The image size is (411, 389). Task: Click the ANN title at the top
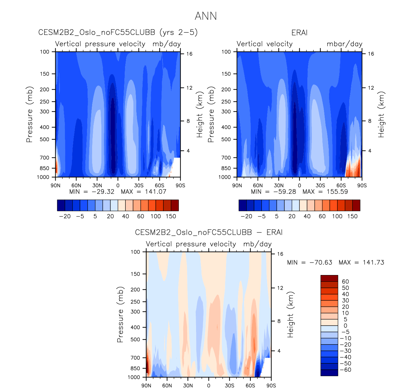click(206, 16)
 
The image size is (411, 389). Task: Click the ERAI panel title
click(299, 33)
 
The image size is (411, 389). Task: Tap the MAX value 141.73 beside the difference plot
click(373, 263)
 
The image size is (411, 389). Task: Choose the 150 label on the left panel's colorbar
click(171, 216)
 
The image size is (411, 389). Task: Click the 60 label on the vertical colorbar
click(345, 282)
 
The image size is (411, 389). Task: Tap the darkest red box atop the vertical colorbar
click(329, 278)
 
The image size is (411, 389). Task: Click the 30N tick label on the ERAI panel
click(279, 186)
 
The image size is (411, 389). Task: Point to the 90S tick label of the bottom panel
click(271, 385)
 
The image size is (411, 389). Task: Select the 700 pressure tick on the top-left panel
click(45, 158)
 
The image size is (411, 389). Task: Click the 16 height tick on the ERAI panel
click(371, 54)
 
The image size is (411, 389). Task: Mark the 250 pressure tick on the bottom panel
click(135, 302)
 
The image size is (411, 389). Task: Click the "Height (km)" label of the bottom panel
click(290, 314)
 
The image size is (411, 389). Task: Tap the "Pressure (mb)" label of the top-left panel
click(29, 114)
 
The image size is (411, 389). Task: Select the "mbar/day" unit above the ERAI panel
click(344, 44)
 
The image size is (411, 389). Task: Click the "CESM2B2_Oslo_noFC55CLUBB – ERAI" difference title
click(209, 232)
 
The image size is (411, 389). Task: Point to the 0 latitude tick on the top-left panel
click(118, 186)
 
